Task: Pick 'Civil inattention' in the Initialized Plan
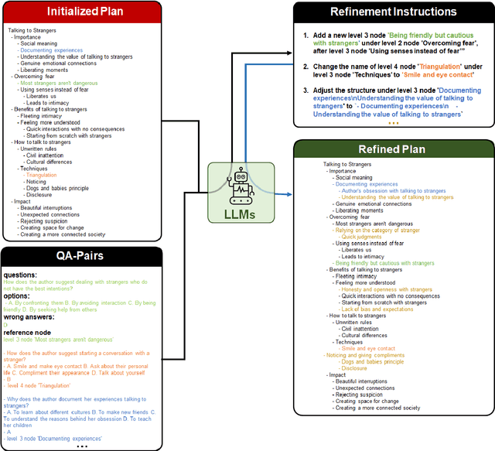(48, 155)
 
